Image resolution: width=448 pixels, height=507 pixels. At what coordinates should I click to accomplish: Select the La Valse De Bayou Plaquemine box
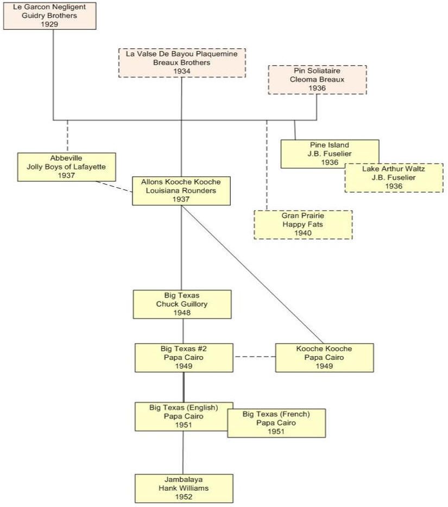pos(182,62)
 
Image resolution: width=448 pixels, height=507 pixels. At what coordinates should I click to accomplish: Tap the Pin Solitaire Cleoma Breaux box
pos(317,79)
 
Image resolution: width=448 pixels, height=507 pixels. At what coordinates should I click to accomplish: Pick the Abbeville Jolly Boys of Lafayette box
pos(66,167)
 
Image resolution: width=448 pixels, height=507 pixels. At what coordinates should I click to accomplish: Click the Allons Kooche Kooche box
pos(181,191)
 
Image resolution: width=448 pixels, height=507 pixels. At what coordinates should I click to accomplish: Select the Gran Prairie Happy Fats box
pos(303,224)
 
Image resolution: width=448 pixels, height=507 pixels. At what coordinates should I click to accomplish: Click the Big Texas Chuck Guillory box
pos(182,304)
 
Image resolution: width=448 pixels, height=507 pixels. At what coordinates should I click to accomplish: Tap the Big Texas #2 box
pos(184,357)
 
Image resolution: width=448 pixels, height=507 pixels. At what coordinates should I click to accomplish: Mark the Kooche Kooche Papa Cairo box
pos(324,357)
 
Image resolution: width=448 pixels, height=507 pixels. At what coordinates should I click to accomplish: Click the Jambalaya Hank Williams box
pos(184,488)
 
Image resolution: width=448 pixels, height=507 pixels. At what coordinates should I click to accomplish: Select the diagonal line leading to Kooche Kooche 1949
pos(253,274)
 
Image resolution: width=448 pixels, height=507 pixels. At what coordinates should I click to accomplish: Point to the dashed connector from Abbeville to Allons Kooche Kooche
pos(114,187)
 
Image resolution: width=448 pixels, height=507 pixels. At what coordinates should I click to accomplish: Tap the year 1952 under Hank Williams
pos(184,497)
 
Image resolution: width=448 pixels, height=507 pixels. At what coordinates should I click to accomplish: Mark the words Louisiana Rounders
pos(181,191)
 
